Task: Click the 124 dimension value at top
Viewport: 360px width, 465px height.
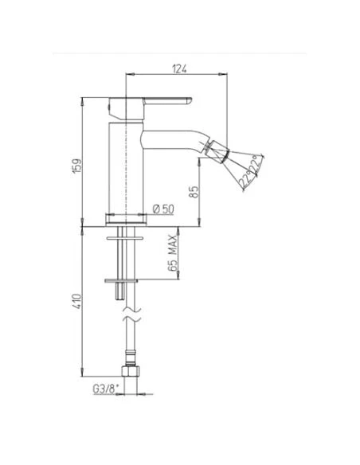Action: (x=179, y=68)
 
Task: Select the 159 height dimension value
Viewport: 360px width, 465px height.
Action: (x=77, y=166)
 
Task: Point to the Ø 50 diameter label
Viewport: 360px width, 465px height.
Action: (x=163, y=209)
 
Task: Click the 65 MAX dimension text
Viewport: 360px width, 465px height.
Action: (x=172, y=252)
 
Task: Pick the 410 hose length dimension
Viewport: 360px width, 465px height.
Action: (x=76, y=301)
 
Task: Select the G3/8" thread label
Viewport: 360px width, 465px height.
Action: (x=106, y=389)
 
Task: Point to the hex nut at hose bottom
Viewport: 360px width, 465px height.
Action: (x=131, y=372)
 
